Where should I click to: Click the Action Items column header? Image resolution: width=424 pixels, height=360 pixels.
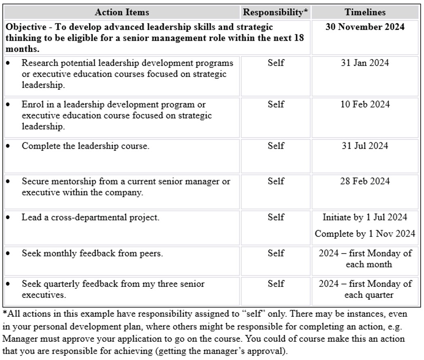point(122,12)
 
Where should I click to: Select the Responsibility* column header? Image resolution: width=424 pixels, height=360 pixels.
point(276,12)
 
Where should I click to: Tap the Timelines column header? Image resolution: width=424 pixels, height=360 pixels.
point(365,12)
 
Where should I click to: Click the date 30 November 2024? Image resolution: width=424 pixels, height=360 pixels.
point(365,27)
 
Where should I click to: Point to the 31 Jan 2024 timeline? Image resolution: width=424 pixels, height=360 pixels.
point(365,63)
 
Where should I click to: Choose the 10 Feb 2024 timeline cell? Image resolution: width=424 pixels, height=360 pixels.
point(365,104)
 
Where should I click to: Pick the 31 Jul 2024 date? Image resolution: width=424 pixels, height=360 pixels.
point(365,146)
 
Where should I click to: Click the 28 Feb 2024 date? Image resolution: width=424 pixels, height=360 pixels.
point(365,181)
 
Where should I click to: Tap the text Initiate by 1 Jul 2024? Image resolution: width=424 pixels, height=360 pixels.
point(365,217)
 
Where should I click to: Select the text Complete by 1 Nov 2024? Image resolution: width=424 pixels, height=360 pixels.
point(365,234)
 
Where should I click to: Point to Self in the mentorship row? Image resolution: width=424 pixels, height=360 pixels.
point(276,181)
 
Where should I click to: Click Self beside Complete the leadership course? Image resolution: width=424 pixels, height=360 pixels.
point(276,146)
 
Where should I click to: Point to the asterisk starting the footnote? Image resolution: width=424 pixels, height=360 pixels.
point(5,313)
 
